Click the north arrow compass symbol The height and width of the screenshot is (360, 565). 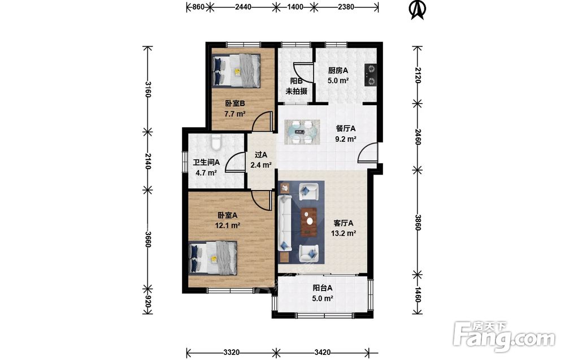418,10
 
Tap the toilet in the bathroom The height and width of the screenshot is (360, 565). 216,142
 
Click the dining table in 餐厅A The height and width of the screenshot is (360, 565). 302,132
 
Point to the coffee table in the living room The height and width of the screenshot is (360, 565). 309,222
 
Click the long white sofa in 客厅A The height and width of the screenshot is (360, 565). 285,223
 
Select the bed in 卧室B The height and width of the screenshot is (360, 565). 236,71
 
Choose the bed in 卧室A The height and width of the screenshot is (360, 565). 213,258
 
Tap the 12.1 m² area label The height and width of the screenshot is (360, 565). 227,225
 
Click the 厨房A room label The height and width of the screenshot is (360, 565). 338,71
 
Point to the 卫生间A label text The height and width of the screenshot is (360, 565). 206,163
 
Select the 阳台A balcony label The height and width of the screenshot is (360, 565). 322,288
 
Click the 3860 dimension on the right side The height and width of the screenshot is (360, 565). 418,222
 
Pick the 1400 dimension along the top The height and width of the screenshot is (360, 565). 295,6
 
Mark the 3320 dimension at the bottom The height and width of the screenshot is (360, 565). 231,352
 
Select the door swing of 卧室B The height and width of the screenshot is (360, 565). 262,121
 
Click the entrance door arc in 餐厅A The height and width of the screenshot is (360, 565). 368,153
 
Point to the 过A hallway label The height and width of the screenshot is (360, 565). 261,155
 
